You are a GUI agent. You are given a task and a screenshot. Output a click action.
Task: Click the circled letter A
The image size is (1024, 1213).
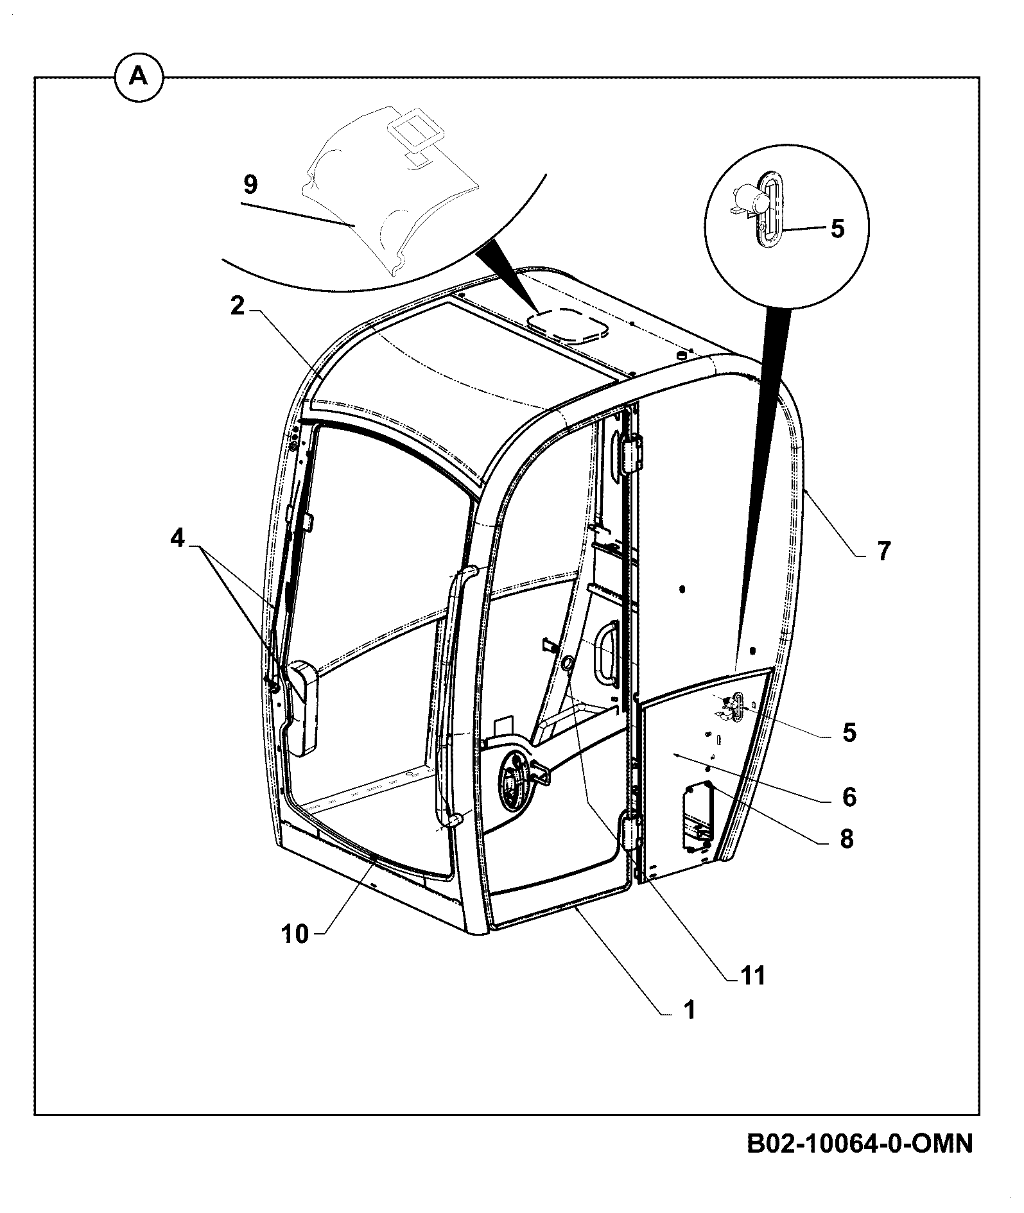(x=139, y=78)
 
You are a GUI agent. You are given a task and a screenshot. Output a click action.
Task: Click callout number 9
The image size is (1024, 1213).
(x=250, y=185)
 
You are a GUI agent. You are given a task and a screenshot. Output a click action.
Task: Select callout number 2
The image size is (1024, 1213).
(x=238, y=307)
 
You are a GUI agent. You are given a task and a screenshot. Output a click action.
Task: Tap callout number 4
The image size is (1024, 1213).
(x=177, y=538)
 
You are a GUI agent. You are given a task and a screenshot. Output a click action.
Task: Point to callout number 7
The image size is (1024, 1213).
(x=884, y=551)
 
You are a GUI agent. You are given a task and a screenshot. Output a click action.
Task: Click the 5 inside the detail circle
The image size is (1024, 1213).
(x=837, y=228)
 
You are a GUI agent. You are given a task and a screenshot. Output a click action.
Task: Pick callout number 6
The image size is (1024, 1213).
(x=849, y=797)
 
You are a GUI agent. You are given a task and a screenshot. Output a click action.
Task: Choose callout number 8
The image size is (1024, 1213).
(x=847, y=838)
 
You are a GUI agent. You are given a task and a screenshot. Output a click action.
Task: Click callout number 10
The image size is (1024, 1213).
(x=295, y=934)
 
